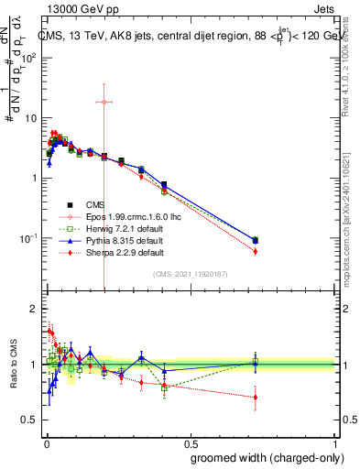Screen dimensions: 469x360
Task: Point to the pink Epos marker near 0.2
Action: [x=104, y=102]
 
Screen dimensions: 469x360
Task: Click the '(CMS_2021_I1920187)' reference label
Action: [x=190, y=273]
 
